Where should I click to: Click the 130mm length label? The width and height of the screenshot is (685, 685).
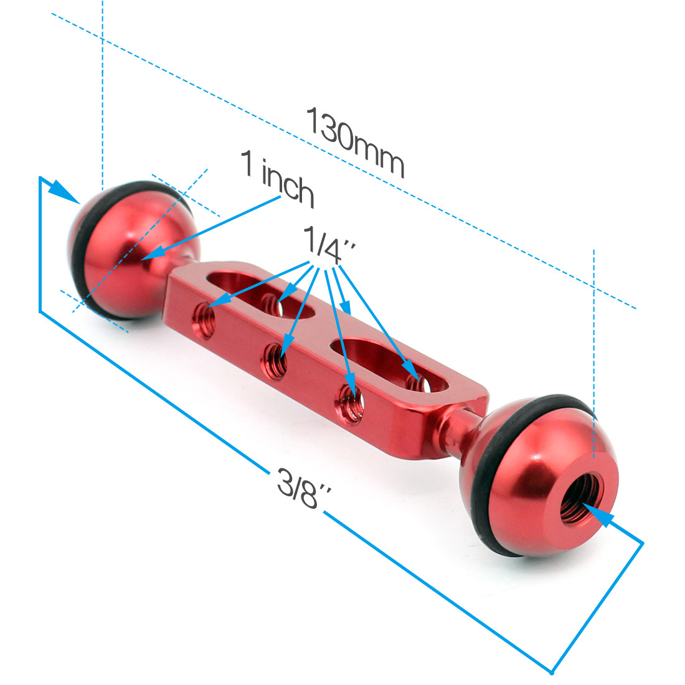[355, 142]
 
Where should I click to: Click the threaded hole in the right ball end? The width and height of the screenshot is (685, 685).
[582, 498]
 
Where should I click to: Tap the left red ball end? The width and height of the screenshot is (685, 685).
[131, 250]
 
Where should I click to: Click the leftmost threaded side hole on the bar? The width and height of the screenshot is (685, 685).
[204, 321]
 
